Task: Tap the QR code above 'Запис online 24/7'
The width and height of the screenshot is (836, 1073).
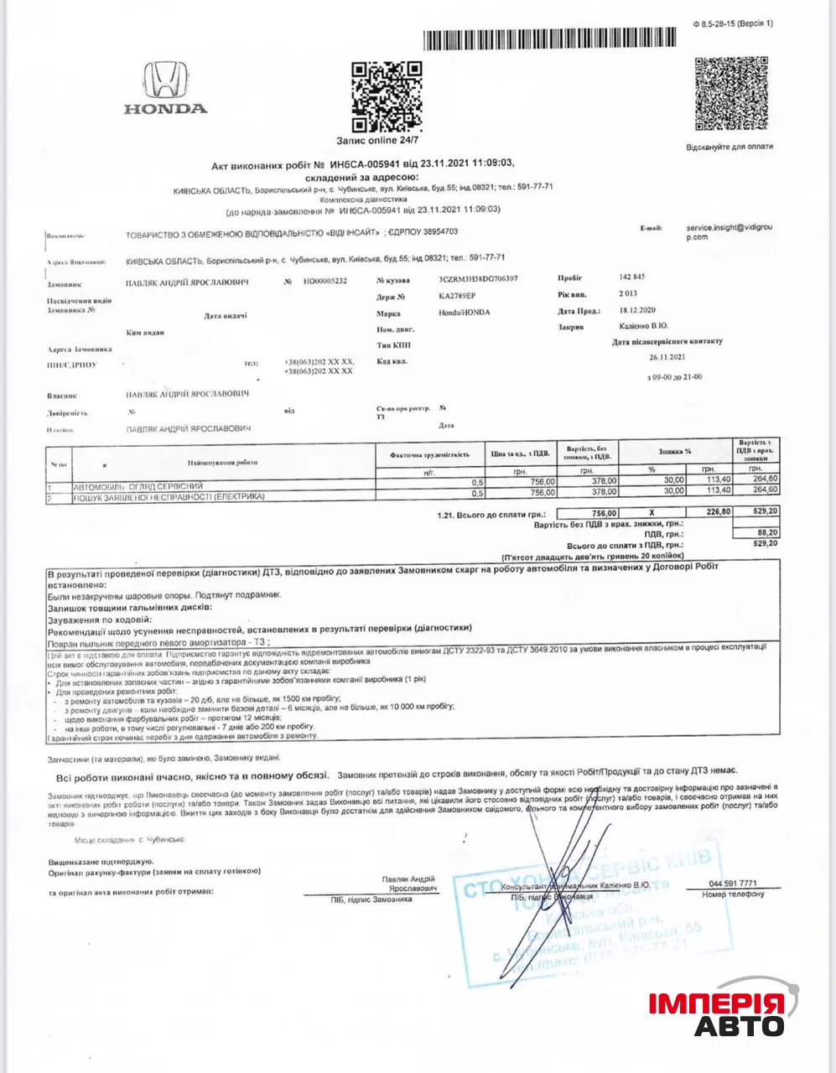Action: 386,96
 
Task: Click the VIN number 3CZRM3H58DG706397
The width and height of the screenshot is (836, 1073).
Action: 478,278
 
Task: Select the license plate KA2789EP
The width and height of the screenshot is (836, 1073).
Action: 457,296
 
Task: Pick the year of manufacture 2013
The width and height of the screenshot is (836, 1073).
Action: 628,294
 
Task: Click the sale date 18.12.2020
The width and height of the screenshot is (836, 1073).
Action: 640,312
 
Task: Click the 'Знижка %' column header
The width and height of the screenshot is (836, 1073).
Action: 674,451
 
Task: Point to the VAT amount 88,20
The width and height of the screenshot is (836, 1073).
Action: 766,532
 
